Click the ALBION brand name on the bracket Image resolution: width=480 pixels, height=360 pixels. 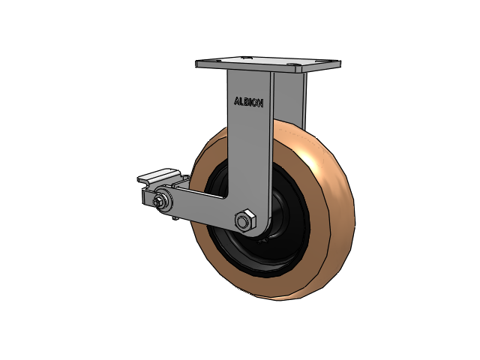pos(248,102)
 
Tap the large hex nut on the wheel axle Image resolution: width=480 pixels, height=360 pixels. pos(245,220)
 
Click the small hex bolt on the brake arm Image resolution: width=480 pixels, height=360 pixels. pos(158,202)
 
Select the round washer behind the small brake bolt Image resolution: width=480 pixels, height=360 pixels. pos(165,200)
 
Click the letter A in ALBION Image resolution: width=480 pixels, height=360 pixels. pos(237,101)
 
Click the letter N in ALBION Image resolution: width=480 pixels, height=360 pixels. pos(260,103)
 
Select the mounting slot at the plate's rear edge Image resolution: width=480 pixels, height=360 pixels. pos(247,57)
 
